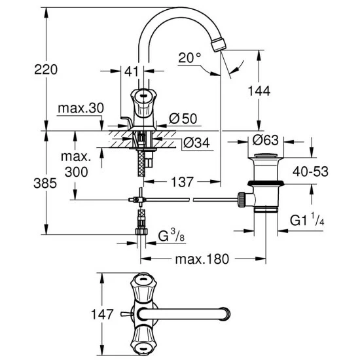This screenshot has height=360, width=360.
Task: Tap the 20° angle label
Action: pyautogui.click(x=190, y=58)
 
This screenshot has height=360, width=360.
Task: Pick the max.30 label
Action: pyautogui.click(x=81, y=107)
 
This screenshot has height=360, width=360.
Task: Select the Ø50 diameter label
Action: pyautogui.click(x=183, y=118)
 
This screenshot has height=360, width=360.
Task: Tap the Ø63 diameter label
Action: pyautogui.click(x=266, y=139)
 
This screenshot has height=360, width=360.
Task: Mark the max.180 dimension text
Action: pyautogui.click(x=202, y=259)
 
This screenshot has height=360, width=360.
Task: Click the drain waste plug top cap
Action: pyautogui.click(x=266, y=155)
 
